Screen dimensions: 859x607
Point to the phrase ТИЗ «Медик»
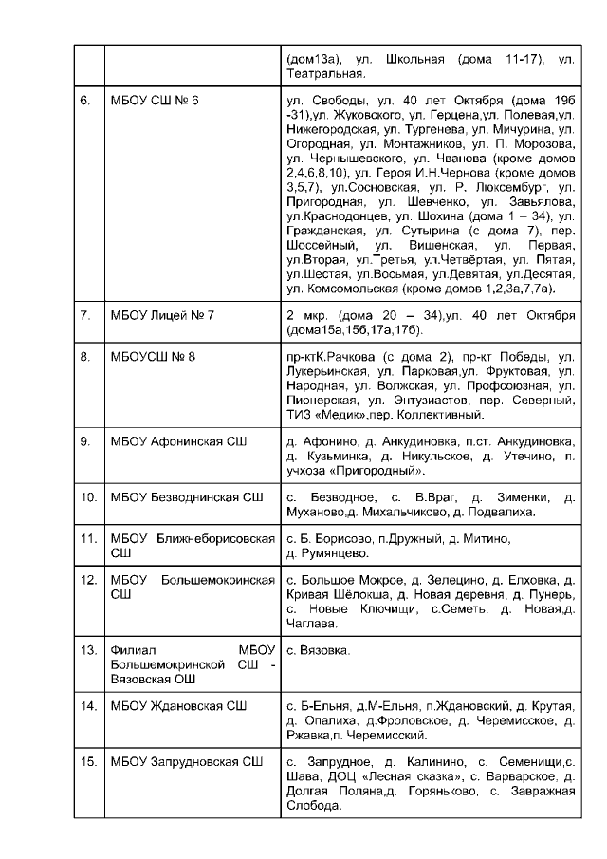[x=323, y=414]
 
